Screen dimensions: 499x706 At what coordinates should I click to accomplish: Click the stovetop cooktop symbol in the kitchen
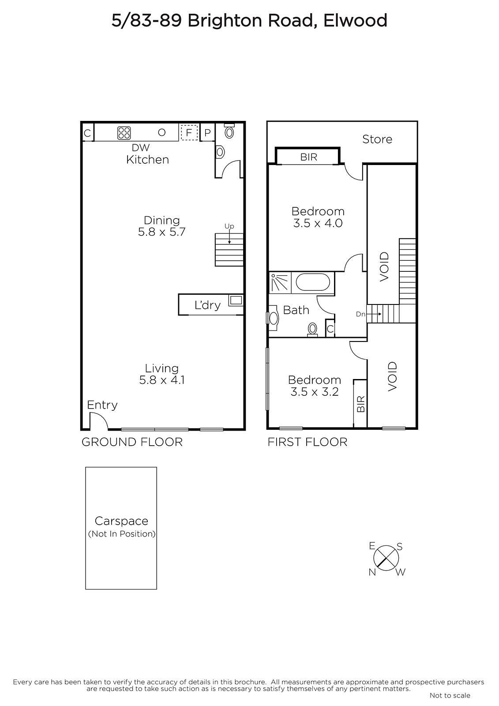(x=124, y=133)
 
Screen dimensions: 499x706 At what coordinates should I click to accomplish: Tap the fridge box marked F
(x=189, y=133)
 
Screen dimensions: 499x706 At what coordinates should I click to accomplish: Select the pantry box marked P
(x=207, y=133)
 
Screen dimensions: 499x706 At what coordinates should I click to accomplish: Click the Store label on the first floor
(x=377, y=139)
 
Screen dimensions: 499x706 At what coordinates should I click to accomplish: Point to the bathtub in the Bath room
(x=313, y=282)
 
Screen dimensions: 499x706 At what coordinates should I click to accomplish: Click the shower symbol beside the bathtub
(x=280, y=282)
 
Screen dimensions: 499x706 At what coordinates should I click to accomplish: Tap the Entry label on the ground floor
(x=102, y=405)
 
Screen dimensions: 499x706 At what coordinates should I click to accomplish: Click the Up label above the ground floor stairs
(x=229, y=226)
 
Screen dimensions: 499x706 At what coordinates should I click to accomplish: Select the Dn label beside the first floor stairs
(x=360, y=314)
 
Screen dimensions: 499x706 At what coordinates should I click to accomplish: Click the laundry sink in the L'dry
(x=236, y=300)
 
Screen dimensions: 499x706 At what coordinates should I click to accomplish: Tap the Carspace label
(x=121, y=521)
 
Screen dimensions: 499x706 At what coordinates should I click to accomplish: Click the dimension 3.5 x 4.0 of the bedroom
(x=318, y=223)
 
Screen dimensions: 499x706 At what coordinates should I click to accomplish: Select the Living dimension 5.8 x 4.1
(x=162, y=380)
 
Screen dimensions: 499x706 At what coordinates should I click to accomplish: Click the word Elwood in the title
(x=355, y=21)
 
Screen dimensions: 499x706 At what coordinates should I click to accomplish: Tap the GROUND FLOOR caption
(x=132, y=442)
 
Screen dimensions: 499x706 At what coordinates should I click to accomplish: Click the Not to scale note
(x=450, y=695)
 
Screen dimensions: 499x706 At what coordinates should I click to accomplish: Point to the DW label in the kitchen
(x=141, y=147)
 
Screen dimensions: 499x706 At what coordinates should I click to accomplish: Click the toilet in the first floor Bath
(x=312, y=330)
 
